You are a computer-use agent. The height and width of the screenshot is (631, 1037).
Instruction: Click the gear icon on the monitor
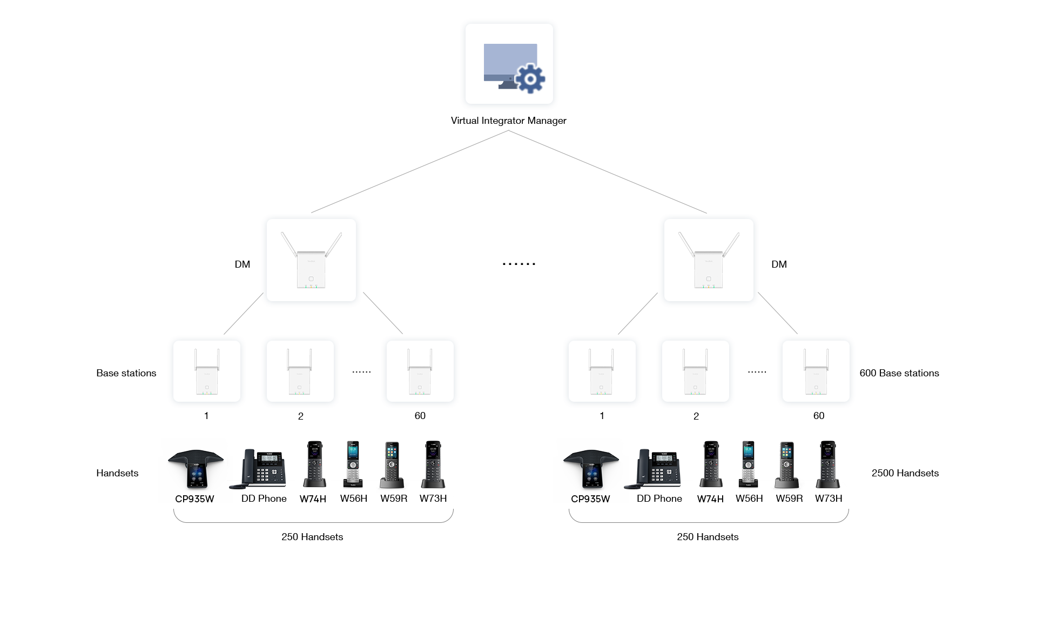pos(530,79)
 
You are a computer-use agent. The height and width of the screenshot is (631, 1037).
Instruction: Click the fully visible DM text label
pos(243,264)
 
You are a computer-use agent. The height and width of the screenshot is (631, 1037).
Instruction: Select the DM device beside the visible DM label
pos(311,260)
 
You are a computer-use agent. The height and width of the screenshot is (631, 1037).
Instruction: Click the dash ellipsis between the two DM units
pos(518,264)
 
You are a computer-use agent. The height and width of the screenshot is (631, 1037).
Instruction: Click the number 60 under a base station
pos(819,416)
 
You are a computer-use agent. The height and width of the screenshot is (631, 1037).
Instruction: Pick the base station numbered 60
pos(816,371)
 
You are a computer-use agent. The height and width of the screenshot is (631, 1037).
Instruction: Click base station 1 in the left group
pos(207,371)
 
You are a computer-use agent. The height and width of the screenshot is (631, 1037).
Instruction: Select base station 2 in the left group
pos(300,371)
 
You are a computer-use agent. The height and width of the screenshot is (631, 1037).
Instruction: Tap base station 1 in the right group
pos(602,371)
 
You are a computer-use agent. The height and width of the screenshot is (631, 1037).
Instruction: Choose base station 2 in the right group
pos(695,371)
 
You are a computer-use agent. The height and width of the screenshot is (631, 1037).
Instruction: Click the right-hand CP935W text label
pos(590,499)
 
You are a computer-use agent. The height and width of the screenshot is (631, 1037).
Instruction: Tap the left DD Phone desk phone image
pos(259,468)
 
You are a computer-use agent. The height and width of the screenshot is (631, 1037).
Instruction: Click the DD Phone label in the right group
pos(659,499)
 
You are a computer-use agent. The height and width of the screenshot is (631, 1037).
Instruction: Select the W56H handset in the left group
pos(353,465)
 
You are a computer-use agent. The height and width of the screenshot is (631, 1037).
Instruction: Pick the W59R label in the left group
pos(394,499)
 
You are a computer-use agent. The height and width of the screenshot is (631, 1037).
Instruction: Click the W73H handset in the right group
pos(828,465)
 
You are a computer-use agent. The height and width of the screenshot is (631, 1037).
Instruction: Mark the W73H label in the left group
pos(433,499)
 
